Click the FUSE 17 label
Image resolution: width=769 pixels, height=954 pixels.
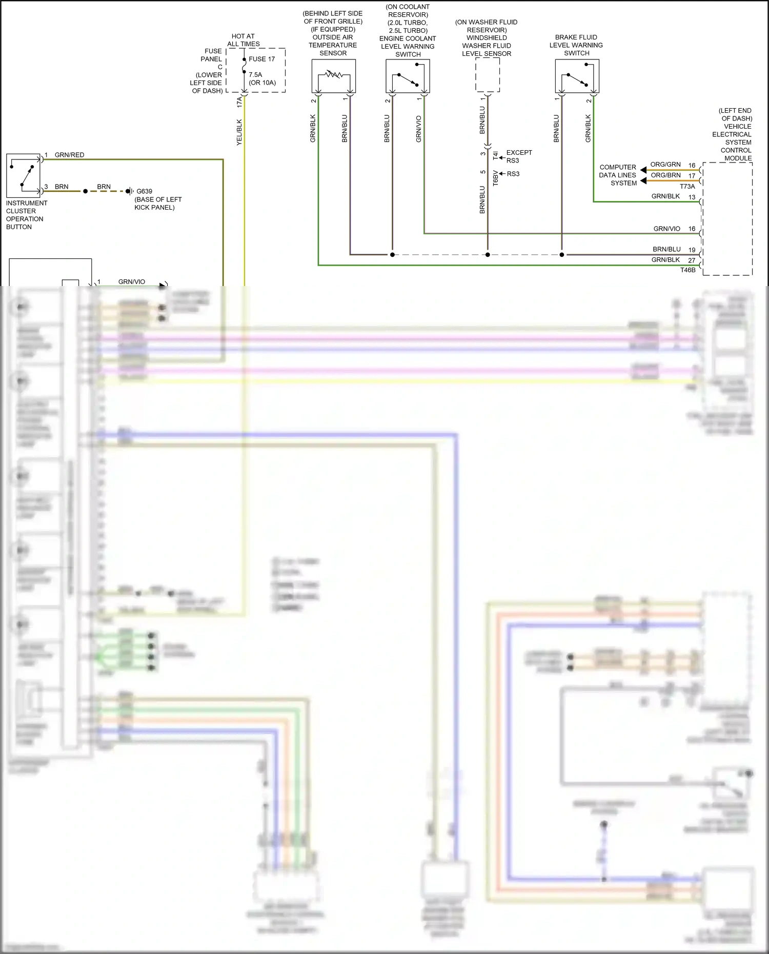(x=261, y=59)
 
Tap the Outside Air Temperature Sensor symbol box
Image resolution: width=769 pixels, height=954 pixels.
(x=334, y=76)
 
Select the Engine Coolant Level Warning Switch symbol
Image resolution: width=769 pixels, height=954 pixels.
(x=408, y=76)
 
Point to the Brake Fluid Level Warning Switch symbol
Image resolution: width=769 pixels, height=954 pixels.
(x=577, y=76)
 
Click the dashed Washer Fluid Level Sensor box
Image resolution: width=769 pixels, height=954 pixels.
(x=488, y=75)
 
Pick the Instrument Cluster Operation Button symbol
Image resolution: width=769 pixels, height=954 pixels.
(x=23, y=175)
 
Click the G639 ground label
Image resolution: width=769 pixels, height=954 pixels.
(x=144, y=191)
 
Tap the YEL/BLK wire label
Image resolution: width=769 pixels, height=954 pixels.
(x=239, y=132)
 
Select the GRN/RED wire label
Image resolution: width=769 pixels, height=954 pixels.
(x=69, y=155)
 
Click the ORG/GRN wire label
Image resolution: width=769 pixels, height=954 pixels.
(x=665, y=165)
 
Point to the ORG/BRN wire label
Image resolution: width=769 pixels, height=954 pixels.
(x=665, y=175)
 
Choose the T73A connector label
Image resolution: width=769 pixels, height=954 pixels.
(x=687, y=187)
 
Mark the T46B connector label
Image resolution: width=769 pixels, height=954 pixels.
(x=688, y=270)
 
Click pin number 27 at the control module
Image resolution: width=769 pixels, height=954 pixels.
(x=692, y=260)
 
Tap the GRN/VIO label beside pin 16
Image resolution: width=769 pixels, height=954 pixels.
(x=666, y=229)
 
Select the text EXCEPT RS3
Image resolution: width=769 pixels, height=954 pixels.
(x=519, y=156)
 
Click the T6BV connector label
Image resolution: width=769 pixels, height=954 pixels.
(x=496, y=178)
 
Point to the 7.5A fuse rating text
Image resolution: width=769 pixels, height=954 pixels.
(x=255, y=75)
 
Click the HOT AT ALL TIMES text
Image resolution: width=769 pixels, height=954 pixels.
(x=243, y=40)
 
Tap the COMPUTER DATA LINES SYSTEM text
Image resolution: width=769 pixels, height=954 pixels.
(x=618, y=175)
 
